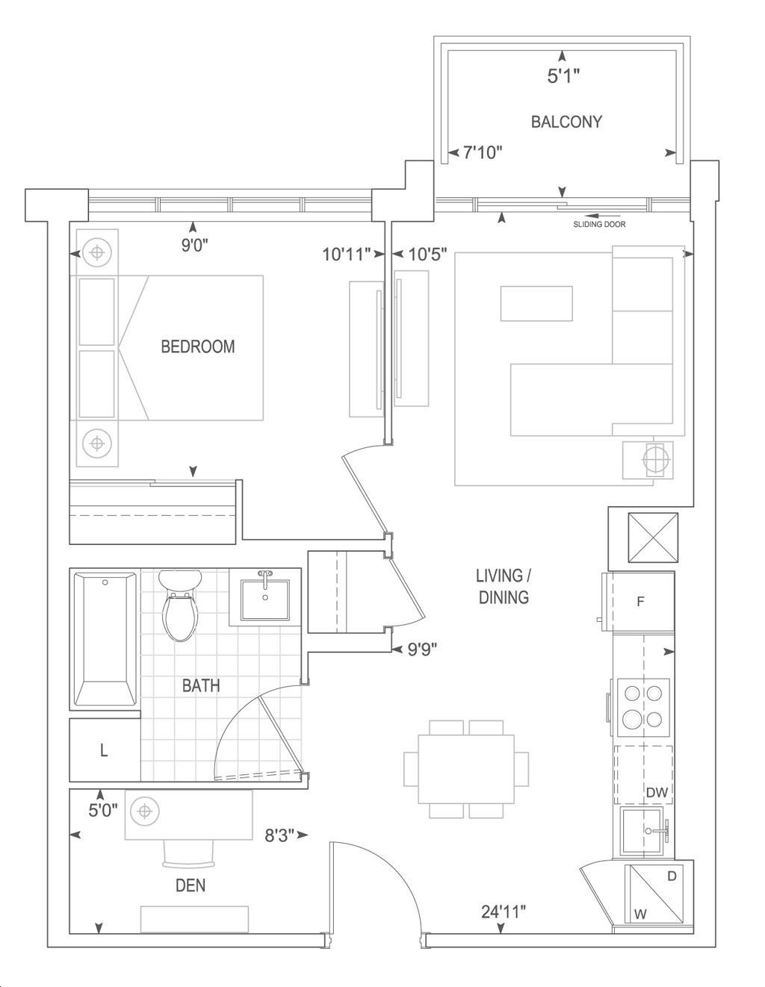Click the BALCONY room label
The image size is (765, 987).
point(566,122)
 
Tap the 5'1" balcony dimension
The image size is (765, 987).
point(563,76)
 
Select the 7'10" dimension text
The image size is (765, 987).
point(483,152)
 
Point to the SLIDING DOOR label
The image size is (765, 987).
point(599,224)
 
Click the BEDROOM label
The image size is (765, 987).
point(198,346)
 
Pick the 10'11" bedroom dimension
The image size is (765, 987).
point(347,255)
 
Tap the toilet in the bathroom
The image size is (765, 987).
point(180,605)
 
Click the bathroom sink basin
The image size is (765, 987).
point(265,600)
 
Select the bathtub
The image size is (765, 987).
point(105,640)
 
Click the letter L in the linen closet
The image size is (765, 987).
point(104,751)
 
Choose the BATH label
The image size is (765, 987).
point(201,685)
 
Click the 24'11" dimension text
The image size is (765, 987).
point(504,912)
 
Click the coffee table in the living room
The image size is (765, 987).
point(536,303)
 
